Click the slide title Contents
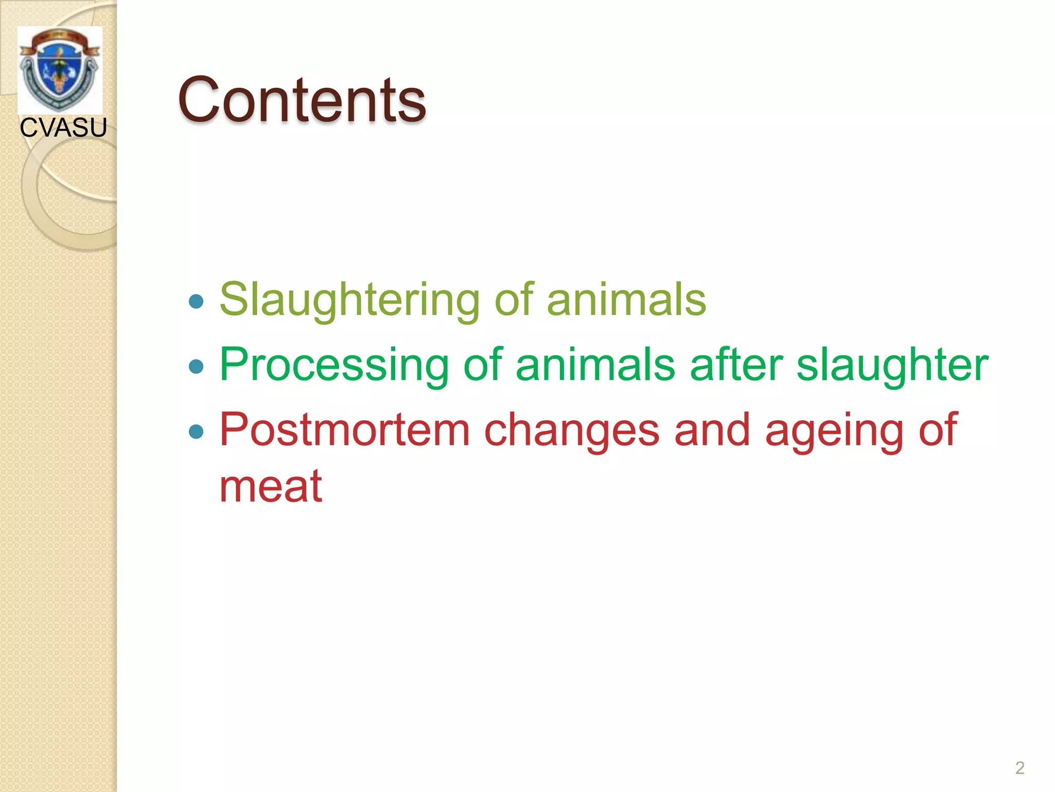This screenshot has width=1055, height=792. tap(302, 100)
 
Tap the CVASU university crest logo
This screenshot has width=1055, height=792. tap(60, 70)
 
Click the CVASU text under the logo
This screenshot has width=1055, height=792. tap(63, 127)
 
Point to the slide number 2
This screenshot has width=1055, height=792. tap(1019, 768)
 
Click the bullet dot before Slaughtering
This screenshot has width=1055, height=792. tap(196, 301)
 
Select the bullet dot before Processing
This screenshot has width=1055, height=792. tap(196, 367)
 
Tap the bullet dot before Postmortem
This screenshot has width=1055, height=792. tap(196, 431)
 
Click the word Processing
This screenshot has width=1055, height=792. tap(334, 365)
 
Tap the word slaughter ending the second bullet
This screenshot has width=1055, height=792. tap(892, 365)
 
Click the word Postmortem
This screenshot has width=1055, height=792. tap(345, 430)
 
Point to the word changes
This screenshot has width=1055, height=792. tap(572, 430)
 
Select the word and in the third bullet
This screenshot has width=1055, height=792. tap(712, 430)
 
